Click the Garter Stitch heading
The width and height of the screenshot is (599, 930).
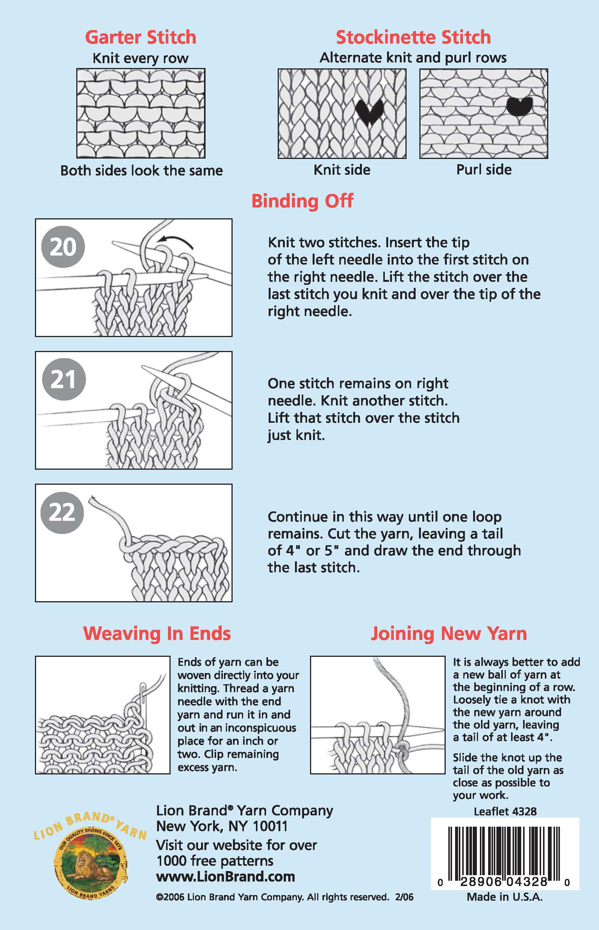141,37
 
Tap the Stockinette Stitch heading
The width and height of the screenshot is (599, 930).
413,37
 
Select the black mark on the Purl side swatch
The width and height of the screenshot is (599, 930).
519,104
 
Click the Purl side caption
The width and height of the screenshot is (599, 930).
484,169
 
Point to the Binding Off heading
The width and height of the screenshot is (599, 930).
302,201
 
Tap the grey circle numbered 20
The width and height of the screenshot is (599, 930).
63,246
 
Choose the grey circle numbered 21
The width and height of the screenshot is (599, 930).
63,379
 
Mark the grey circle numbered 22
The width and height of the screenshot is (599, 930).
62,512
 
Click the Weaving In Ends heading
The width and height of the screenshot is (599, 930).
157,634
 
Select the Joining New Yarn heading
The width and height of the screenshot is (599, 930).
448,634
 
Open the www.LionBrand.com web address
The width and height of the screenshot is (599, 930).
225,877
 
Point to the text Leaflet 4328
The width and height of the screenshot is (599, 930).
505,811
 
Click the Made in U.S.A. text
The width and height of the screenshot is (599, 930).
504,897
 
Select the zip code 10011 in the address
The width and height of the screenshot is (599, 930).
270,826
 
